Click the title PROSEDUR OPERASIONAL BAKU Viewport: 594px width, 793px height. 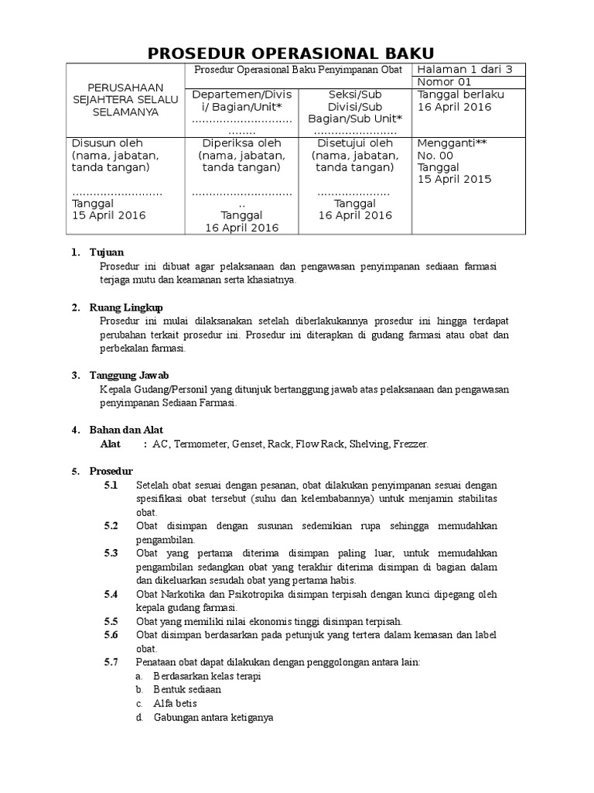click(297, 53)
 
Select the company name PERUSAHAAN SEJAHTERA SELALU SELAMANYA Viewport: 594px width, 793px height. click(124, 100)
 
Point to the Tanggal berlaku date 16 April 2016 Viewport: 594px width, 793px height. click(454, 107)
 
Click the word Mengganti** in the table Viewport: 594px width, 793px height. click(452, 142)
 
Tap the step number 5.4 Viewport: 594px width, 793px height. click(111, 594)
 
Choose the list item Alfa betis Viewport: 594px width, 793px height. click(175, 703)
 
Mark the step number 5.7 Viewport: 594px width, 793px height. click(111, 662)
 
